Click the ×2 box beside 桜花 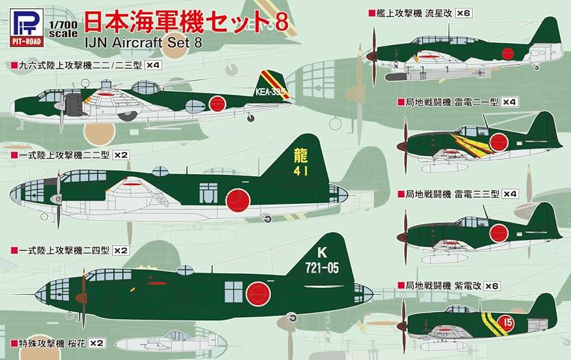coord(96,343)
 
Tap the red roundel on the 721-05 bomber coord(258,294)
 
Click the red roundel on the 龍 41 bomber coord(237,200)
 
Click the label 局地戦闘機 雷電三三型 coord(448,193)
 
